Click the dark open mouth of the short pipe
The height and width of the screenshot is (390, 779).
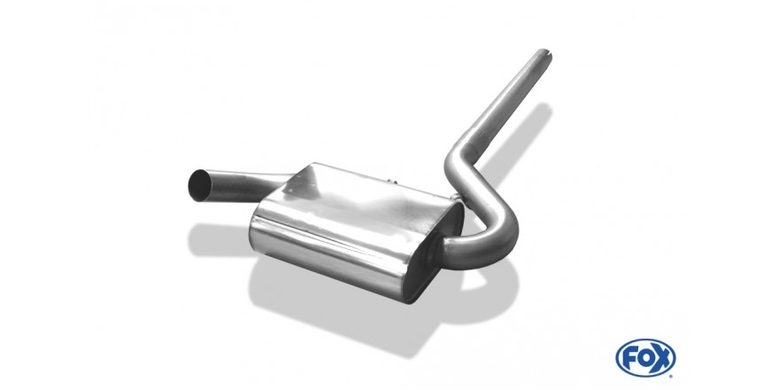coord(199,185)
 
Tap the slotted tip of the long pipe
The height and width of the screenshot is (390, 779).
coord(544,53)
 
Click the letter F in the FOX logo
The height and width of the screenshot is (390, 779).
coord(629,358)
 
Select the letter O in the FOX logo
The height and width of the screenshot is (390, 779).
coord(645,358)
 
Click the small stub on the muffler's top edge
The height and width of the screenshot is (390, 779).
coord(392,181)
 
